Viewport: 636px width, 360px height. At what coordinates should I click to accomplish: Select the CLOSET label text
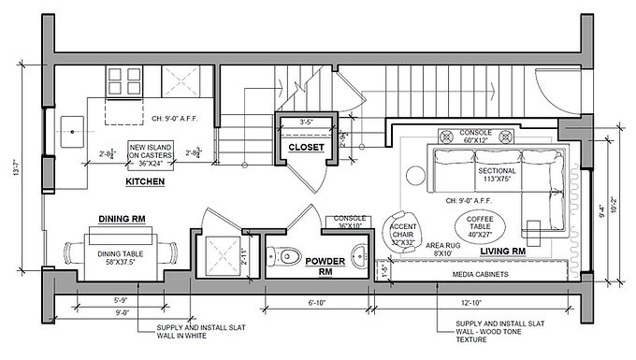tap(305, 147)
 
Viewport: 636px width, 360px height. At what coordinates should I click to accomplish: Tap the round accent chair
tap(404, 230)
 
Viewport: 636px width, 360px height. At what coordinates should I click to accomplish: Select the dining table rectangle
tap(120, 253)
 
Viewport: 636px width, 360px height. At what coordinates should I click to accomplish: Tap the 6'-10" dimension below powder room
tap(318, 304)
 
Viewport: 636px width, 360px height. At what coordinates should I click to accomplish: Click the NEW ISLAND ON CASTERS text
tap(153, 154)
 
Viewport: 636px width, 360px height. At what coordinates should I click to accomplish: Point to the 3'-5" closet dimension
tap(305, 122)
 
